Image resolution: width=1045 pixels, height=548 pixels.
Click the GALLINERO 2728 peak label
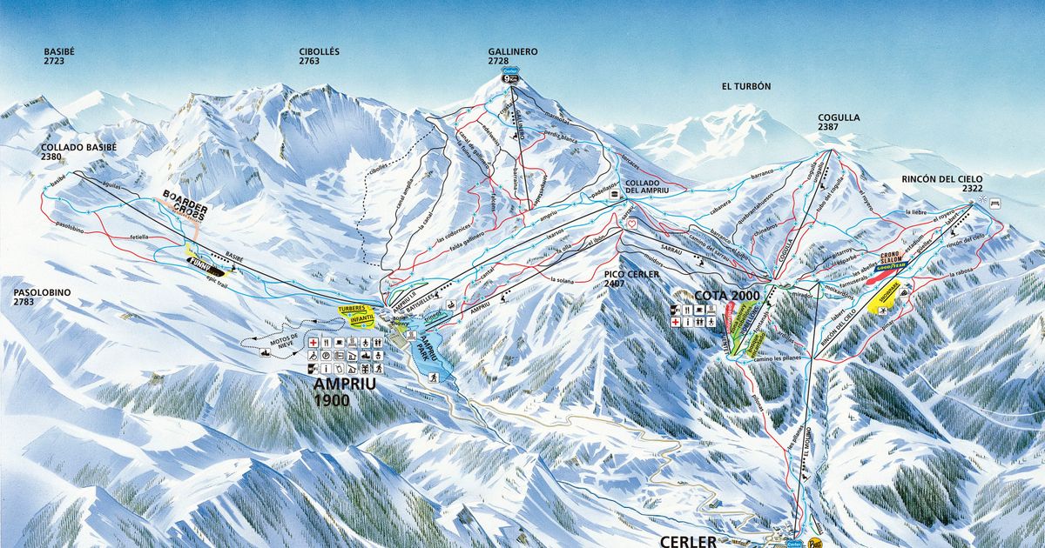click(513, 57)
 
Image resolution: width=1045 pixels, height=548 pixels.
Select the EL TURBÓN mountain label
click(746, 87)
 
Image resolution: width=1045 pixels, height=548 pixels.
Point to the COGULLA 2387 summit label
click(839, 123)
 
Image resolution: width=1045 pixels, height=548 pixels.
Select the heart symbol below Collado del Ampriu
click(630, 224)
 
